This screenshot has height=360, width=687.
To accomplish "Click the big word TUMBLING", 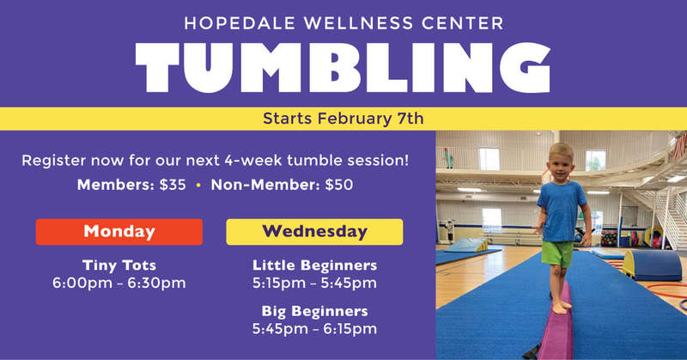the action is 343,68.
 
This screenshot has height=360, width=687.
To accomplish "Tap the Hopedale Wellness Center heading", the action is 344,23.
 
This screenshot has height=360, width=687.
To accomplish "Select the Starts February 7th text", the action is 343,119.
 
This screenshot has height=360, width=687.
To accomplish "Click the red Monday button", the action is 119,231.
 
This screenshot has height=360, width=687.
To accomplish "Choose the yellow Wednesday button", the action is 314,231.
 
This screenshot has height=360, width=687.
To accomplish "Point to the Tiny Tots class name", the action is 119,265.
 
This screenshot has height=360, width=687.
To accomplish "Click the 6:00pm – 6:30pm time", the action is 119,283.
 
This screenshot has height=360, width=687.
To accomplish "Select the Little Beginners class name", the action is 314,265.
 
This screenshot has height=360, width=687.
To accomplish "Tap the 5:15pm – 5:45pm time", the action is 314,283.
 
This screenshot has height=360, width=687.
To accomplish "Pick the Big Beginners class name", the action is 314,311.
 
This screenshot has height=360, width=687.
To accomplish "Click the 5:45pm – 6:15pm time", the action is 314,329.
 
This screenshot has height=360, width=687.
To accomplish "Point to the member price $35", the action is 173,185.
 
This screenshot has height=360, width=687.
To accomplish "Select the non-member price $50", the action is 339,185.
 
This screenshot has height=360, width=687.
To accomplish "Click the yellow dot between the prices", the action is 198,186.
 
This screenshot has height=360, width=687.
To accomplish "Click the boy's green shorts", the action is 556,253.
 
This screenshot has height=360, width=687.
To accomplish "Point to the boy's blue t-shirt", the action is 562,211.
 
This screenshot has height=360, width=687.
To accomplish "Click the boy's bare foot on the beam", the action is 560,307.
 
